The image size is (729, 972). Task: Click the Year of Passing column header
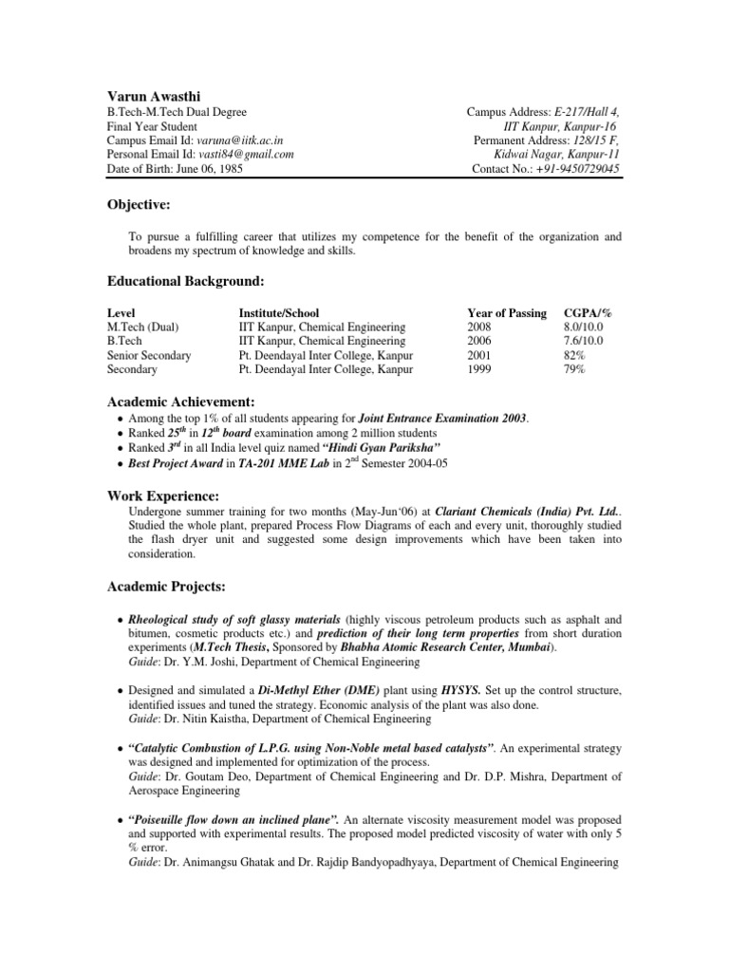coord(507,313)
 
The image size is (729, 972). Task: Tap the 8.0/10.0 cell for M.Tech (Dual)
coord(583,327)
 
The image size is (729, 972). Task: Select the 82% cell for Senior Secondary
coord(575,356)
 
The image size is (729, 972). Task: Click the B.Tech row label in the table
coord(124,342)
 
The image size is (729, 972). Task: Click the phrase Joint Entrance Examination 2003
coord(442,419)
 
